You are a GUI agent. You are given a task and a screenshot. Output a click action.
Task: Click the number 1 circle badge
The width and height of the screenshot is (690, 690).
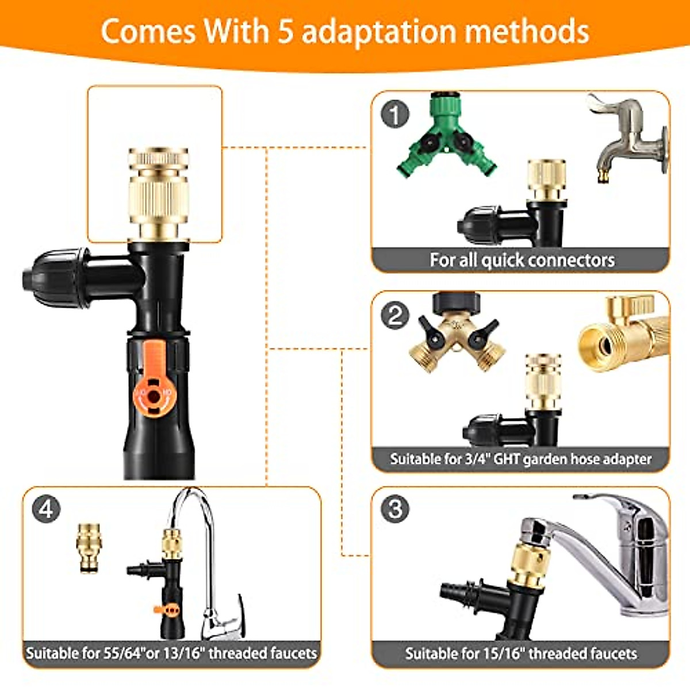(x=395, y=114)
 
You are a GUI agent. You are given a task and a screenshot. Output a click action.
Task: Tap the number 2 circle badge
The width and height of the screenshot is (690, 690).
(x=395, y=315)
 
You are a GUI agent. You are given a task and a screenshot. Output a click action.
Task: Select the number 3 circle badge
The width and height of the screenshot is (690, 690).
(x=395, y=509)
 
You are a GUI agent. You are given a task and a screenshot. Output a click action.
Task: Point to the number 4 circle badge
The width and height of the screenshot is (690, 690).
(x=47, y=509)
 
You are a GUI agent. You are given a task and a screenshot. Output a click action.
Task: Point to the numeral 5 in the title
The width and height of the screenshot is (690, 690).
(x=286, y=32)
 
